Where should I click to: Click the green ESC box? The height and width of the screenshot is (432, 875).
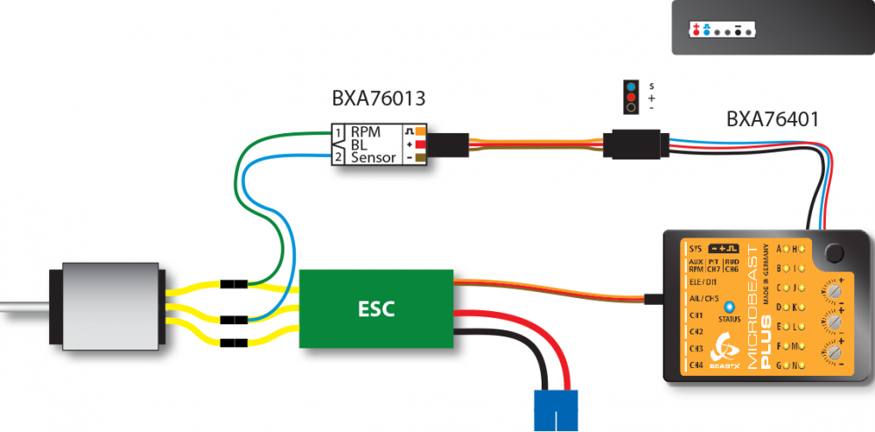pyautogui.click(x=376, y=308)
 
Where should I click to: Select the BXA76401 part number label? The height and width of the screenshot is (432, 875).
pyautogui.click(x=773, y=118)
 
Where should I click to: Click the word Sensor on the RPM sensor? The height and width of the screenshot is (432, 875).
pyautogui.click(x=374, y=159)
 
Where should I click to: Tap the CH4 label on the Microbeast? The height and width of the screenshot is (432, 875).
pyautogui.click(x=696, y=364)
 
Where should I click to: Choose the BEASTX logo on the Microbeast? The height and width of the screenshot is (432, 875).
pyautogui.click(x=725, y=349)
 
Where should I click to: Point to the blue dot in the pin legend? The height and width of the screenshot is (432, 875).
pyautogui.click(x=630, y=86)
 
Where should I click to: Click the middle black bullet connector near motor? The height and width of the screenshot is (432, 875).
pyautogui.click(x=233, y=320)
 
